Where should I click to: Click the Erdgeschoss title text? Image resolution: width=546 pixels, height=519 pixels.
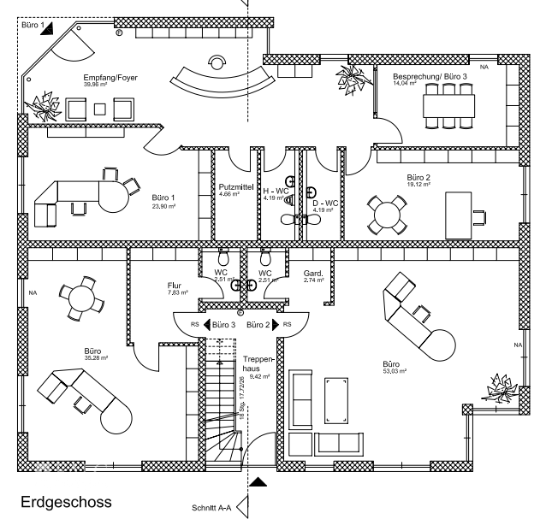pos(66,501)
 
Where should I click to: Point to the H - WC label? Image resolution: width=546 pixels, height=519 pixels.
pos(275,192)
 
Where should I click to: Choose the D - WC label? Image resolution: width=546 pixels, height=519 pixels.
pos(327,203)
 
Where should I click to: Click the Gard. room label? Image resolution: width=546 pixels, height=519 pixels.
pos(314,274)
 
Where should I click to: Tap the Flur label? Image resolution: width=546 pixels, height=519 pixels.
pos(175,286)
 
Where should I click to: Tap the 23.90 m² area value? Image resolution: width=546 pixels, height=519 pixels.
pos(163,206)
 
